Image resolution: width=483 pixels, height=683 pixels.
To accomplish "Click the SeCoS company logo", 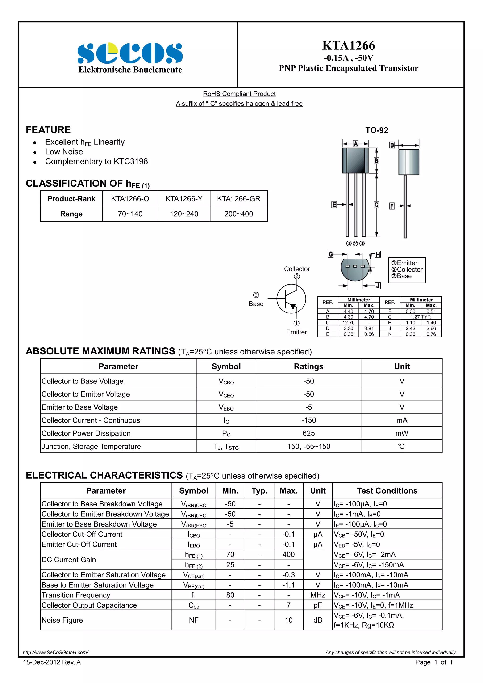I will pyautogui.click(x=130, y=53).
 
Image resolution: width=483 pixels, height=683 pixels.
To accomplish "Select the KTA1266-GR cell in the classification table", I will pyautogui.click(x=238, y=199).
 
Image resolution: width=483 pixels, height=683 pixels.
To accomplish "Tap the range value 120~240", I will pyautogui.click(x=184, y=214).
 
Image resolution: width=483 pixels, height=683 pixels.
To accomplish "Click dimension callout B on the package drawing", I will pyautogui.click(x=376, y=161).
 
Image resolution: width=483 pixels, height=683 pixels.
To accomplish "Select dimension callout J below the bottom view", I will pyautogui.click(x=378, y=286).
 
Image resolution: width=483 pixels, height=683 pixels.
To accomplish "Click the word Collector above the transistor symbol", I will pyautogui.click(x=297, y=269).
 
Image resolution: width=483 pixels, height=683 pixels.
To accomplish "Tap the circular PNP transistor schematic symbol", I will pyautogui.click(x=291, y=299).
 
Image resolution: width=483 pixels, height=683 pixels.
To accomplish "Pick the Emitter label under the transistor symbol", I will pyautogui.click(x=296, y=332).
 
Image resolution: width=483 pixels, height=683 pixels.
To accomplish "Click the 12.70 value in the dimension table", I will pyautogui.click(x=348, y=323).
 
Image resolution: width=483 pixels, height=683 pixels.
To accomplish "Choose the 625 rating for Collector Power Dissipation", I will pyautogui.click(x=309, y=433).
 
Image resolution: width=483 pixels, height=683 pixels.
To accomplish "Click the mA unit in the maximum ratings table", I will pyautogui.click(x=402, y=420).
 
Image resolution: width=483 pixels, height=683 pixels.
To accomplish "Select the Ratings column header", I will pyautogui.click(x=309, y=366).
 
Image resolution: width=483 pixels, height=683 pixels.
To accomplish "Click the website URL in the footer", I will pyautogui.click(x=56, y=652).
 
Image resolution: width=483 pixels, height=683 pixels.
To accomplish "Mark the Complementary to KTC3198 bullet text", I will pyautogui.click(x=96, y=161).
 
